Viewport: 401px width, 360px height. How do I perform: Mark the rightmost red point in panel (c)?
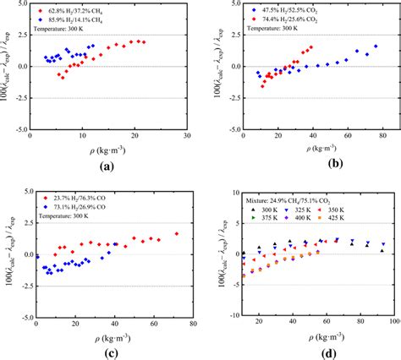(x=177, y=233)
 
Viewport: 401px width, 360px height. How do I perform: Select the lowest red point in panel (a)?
(x=62, y=77)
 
